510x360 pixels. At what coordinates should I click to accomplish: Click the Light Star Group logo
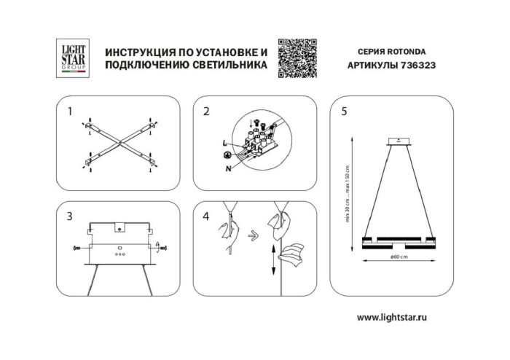click(x=73, y=58)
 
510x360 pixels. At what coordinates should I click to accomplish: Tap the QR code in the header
click(x=297, y=58)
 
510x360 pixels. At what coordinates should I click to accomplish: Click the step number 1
click(x=69, y=111)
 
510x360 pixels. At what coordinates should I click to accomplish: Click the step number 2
click(x=206, y=111)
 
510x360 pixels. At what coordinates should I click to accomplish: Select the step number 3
click(x=69, y=216)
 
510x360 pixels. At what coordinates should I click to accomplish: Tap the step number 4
click(x=206, y=216)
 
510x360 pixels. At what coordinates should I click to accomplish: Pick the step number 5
click(x=344, y=111)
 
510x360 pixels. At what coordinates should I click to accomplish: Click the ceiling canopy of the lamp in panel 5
click(x=398, y=141)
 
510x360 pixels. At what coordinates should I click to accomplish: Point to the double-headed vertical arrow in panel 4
click(x=272, y=259)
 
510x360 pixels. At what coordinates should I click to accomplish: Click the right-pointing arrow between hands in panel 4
click(x=251, y=235)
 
